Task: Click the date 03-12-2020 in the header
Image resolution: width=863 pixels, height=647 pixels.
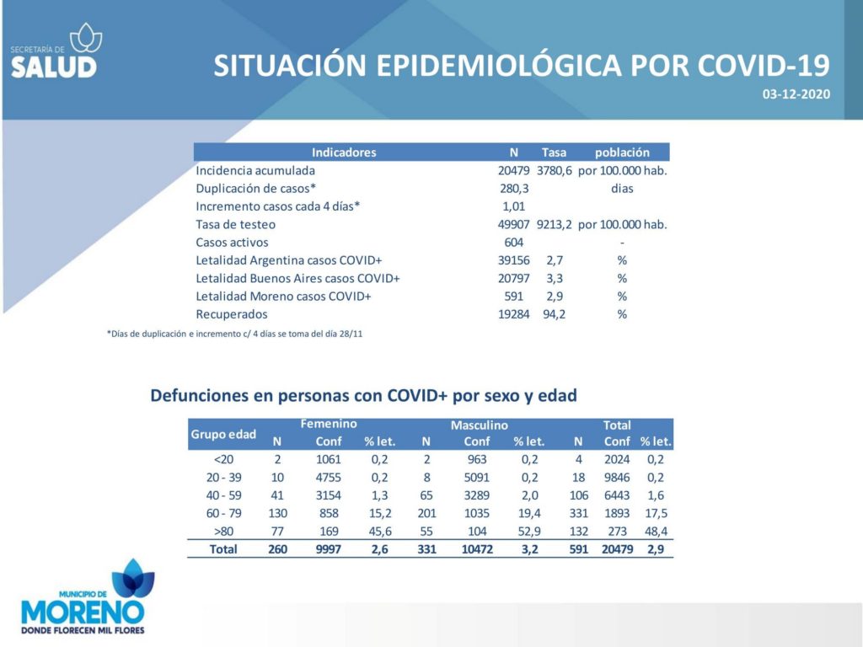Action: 796,94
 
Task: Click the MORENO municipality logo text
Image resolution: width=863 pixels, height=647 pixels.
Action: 83,612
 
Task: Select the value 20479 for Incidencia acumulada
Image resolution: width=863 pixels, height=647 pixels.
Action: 513,170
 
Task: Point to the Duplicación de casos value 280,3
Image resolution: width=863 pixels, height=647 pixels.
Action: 514,189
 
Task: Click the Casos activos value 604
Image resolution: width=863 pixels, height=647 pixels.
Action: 513,243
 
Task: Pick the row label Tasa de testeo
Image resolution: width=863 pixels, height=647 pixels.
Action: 236,224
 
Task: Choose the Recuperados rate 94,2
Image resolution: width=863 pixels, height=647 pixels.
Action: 555,315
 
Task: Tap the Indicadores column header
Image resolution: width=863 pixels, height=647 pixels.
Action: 344,152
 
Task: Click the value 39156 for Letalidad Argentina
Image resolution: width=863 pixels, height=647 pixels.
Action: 513,261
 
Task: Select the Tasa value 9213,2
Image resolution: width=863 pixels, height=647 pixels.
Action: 555,224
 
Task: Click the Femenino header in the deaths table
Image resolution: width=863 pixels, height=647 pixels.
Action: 329,424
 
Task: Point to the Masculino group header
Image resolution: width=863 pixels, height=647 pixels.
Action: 479,425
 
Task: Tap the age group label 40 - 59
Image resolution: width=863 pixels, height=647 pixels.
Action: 223,495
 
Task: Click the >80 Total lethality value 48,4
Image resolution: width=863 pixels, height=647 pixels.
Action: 656,532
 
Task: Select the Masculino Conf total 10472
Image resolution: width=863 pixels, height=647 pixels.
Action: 477,549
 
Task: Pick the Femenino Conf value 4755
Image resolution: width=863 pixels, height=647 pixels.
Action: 328,478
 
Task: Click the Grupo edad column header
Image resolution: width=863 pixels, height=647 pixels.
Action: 222,434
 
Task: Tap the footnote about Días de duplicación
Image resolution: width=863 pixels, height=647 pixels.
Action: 234,334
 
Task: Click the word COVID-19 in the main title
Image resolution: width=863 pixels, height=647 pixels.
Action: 764,66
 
